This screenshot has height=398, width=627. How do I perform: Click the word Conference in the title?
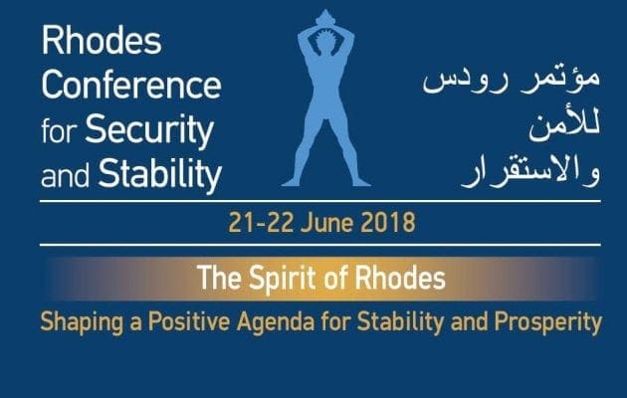point(131,86)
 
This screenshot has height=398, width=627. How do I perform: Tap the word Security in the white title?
point(149,131)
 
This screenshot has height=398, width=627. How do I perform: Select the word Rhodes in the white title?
point(102,41)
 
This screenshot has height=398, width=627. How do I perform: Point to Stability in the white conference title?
point(160,175)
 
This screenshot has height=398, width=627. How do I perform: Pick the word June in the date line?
point(326,223)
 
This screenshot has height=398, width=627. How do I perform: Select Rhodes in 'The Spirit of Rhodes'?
point(400,278)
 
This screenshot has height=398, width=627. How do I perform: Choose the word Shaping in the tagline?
point(82,322)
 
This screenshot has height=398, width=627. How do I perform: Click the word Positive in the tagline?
point(189,320)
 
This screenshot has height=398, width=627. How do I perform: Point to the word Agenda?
point(276,322)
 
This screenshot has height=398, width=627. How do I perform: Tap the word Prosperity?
point(547,322)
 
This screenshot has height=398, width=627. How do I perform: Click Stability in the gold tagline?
point(400,322)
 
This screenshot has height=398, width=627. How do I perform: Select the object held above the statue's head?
point(325,18)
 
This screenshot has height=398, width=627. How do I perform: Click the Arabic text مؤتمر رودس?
point(512,80)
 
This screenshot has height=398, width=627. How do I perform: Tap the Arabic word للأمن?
point(564,126)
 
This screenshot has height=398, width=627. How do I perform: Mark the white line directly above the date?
point(320,201)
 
